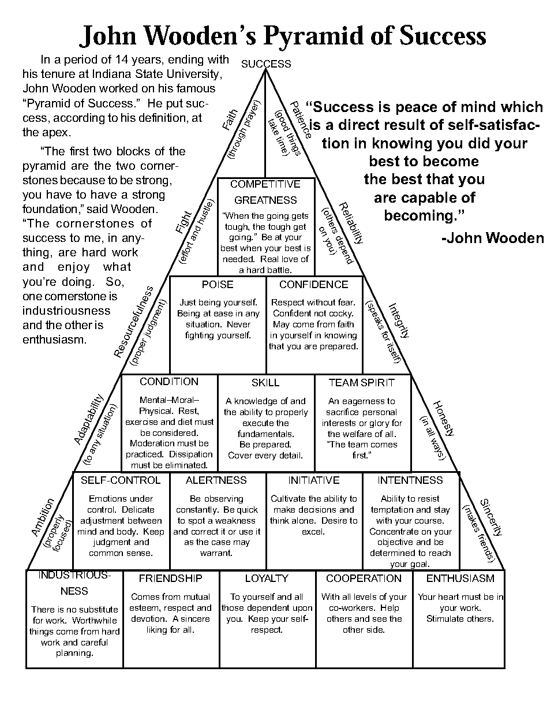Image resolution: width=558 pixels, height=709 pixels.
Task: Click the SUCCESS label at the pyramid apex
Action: (x=266, y=64)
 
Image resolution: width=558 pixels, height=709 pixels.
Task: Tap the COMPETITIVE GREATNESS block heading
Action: (x=265, y=192)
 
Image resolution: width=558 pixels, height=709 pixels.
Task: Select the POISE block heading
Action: (x=218, y=285)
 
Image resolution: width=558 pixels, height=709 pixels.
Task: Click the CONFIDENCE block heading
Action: (x=314, y=285)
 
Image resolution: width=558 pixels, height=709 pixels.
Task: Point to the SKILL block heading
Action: (x=265, y=383)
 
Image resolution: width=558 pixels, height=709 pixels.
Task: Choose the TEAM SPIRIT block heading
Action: (x=362, y=383)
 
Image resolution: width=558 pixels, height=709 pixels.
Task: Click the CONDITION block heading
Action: (x=169, y=382)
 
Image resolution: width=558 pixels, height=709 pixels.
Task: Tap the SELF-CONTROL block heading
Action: (x=121, y=480)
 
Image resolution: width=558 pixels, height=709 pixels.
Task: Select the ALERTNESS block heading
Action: (x=216, y=480)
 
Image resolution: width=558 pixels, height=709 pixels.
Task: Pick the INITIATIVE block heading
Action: (x=314, y=480)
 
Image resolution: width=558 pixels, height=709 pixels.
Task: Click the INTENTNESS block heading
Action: (x=410, y=480)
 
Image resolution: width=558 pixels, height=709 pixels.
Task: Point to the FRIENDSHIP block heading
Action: (x=170, y=579)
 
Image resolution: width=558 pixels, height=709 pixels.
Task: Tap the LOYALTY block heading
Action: (x=267, y=579)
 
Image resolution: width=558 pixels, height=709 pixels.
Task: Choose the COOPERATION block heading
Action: (x=364, y=579)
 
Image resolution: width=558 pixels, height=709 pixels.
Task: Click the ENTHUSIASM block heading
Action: (x=460, y=579)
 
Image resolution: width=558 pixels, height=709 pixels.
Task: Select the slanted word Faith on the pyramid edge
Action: (x=230, y=119)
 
